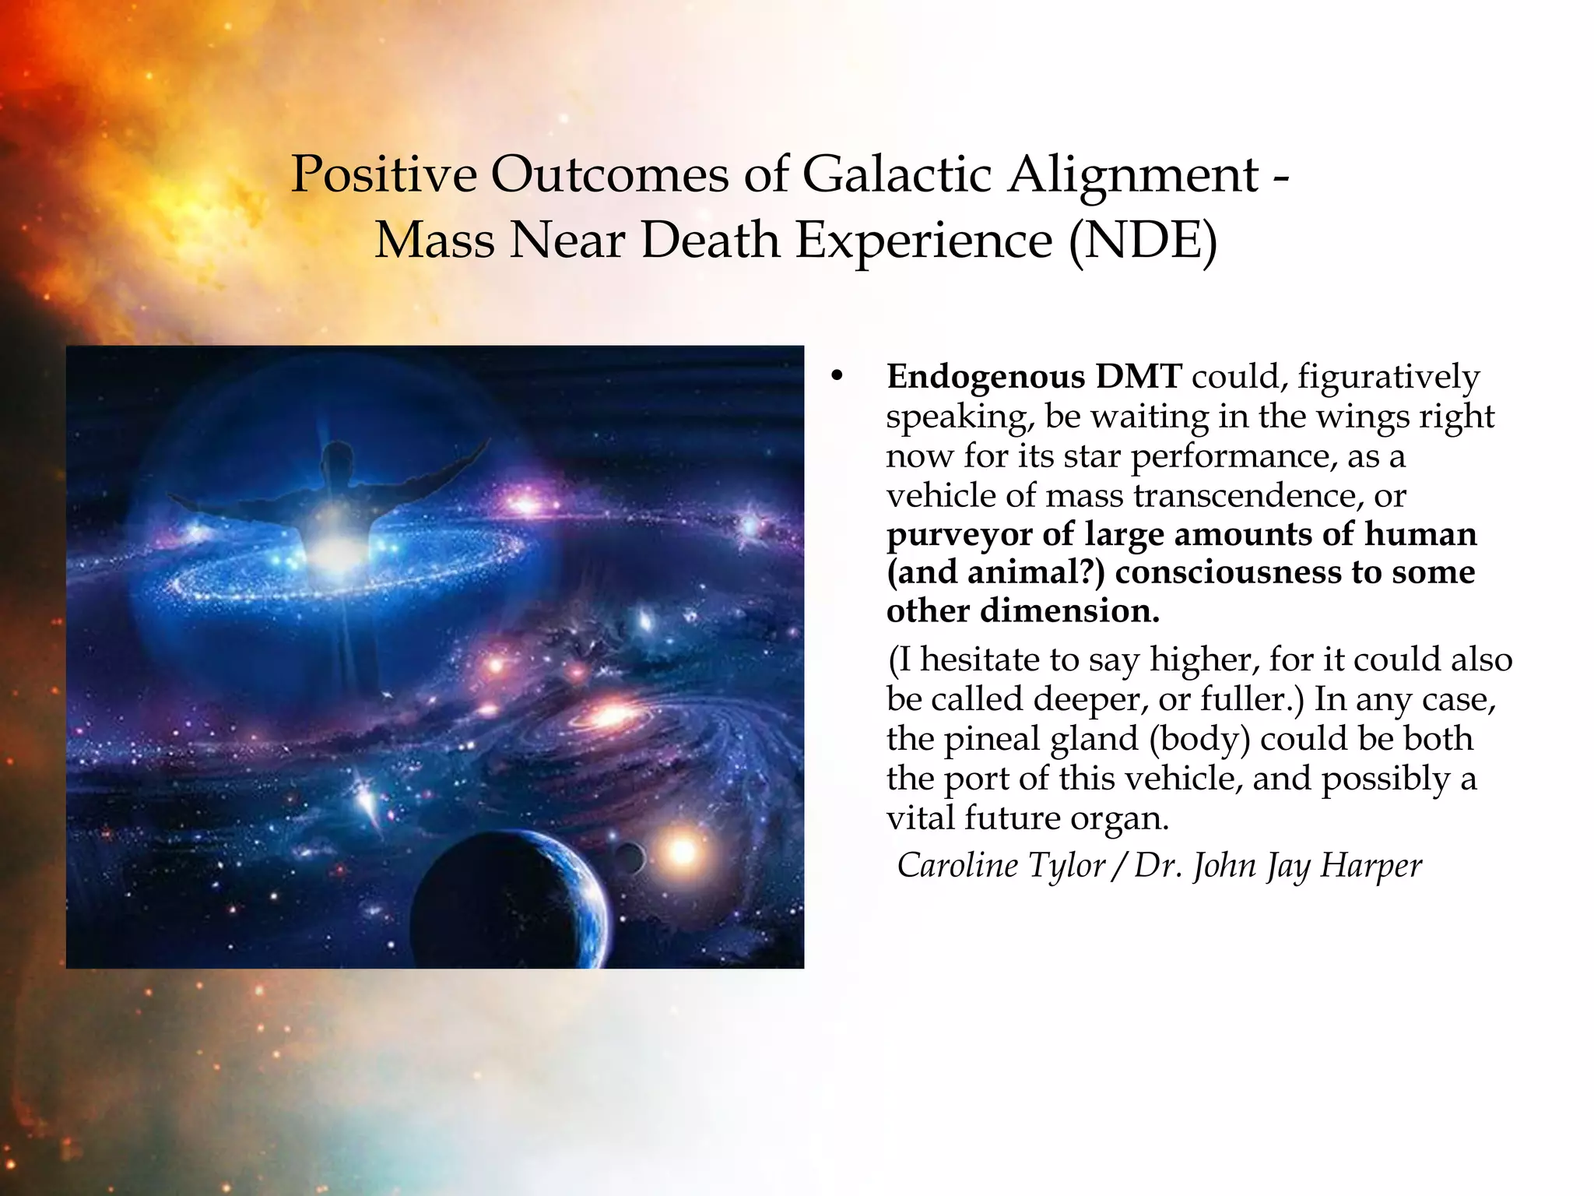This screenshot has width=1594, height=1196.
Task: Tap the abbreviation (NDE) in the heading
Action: (1142, 240)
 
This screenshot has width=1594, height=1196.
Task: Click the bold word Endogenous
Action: (985, 377)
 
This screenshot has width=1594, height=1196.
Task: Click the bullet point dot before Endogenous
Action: (837, 378)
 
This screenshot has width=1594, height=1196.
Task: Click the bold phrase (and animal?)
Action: (995, 572)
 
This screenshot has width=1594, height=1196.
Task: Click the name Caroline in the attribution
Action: (957, 865)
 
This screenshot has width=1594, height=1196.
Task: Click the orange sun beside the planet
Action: (683, 851)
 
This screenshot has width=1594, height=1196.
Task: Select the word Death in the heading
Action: (710, 240)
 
